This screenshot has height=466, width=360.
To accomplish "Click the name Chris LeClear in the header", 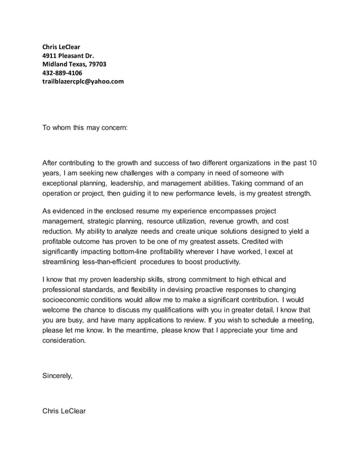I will tap(62, 46).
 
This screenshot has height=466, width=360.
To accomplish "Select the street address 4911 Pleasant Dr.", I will tap(68, 55).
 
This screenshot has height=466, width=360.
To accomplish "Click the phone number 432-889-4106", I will tap(62, 73).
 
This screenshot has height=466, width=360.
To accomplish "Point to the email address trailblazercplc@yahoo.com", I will tap(83, 81).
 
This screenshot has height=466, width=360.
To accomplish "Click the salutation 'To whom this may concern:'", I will tap(85, 128).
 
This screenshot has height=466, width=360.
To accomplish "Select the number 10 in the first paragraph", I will tap(313, 163).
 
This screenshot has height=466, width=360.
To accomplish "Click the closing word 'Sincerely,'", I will tap(58, 375).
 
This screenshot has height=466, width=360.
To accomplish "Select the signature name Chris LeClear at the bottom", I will tap(64, 411).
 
